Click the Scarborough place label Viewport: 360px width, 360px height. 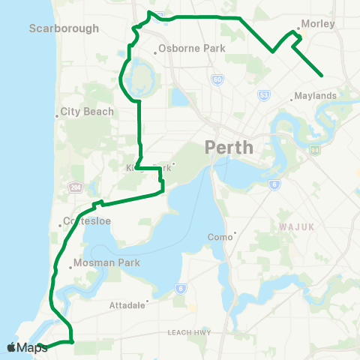pos(64,28)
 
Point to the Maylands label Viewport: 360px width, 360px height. pos(316,96)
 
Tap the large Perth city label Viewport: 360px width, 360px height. pos(229,148)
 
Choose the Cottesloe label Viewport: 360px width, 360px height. pos(85,223)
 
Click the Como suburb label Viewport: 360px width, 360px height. pos(219,237)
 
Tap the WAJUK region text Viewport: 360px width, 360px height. pos(295,225)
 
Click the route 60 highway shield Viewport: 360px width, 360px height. pos(216,79)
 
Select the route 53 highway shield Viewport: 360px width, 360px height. pos(263,95)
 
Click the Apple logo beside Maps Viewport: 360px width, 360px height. pos(10,347)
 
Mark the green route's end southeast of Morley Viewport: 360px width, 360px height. pos(322,75)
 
